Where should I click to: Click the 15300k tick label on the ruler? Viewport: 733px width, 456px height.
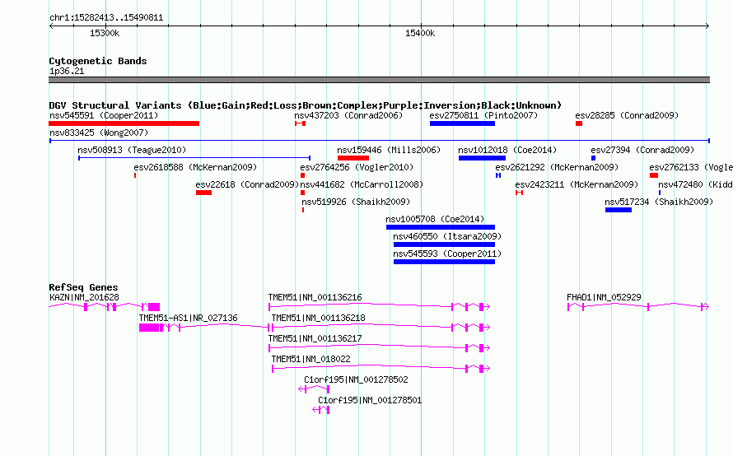pos(105,33)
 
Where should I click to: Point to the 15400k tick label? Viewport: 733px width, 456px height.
pos(420,33)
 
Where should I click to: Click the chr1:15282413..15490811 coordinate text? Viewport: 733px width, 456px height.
pos(106,18)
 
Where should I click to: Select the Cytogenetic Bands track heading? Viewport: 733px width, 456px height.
pos(98,61)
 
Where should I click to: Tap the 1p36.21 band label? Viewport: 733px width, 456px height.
pos(67,71)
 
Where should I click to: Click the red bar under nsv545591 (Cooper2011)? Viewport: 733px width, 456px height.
pos(124,123)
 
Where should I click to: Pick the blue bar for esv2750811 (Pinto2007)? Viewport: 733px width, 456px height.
pos(462,123)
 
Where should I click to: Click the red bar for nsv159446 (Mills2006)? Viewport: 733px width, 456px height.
pos(353,158)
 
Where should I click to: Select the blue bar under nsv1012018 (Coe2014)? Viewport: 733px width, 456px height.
pos(482,158)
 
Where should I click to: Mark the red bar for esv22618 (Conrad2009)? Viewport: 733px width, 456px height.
pos(203,193)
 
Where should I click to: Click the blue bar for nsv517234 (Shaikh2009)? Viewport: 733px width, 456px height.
pos(619,210)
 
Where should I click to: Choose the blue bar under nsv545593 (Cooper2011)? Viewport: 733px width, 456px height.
pos(444,262)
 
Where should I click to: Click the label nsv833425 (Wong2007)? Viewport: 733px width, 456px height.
pos(99,133)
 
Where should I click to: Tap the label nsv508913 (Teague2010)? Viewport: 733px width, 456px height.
pos(132,150)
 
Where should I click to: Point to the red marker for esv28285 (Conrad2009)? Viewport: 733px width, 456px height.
pos(579,123)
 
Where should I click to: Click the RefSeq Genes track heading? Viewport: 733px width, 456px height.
pos(83,287)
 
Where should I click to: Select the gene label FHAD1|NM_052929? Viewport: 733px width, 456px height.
pos(604,297)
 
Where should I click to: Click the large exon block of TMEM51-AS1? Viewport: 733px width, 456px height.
pos(148,328)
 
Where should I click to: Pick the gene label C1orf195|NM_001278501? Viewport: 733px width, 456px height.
pos(370,400)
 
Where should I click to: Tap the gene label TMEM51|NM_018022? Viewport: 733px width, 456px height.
pos(310,359)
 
